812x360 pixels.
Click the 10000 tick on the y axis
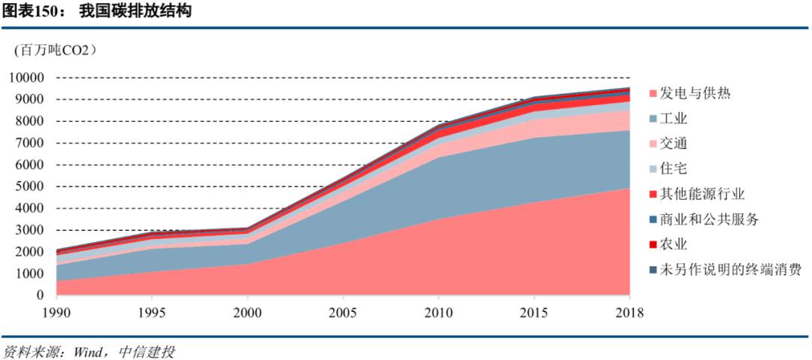(27, 77)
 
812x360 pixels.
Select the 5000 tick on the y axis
(30, 186)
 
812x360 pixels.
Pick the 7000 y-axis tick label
(30, 143)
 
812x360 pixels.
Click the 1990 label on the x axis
(56, 311)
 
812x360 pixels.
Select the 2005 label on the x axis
(343, 311)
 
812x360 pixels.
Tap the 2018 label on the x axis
(629, 311)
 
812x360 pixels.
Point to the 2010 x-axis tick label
(438, 311)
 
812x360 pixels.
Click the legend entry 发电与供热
(695, 94)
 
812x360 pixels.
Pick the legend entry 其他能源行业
(702, 194)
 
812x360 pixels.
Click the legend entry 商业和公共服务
(709, 219)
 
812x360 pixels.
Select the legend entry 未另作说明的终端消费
(730, 269)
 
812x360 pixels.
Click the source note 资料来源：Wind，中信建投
(88, 351)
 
